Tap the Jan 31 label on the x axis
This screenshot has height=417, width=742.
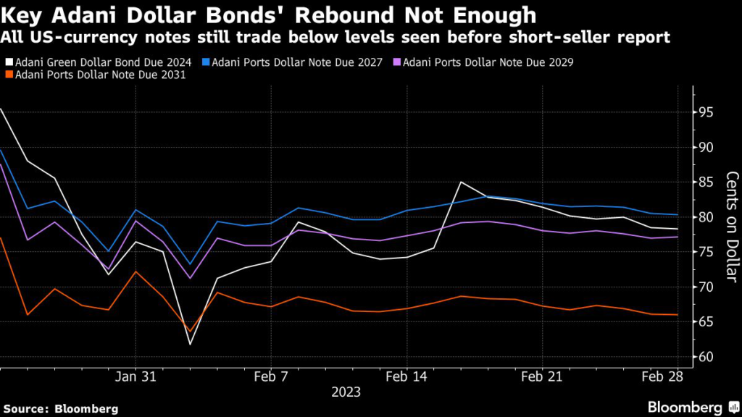click(x=136, y=378)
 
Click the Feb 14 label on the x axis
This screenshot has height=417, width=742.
click(x=407, y=378)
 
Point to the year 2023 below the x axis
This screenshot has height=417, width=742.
click(x=346, y=392)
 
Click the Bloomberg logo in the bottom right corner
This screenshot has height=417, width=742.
click(x=685, y=407)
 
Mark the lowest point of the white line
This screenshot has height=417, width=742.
click(x=190, y=344)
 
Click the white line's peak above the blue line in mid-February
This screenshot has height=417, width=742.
click(x=461, y=182)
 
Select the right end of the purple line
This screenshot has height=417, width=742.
click(x=678, y=237)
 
